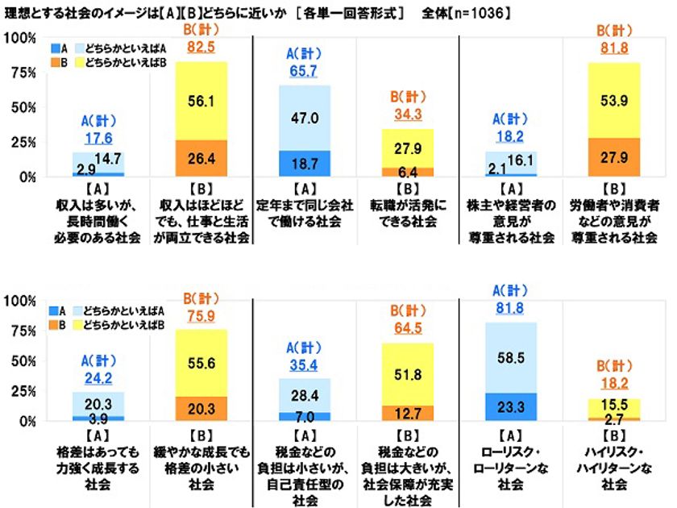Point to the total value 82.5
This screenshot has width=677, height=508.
(201, 48)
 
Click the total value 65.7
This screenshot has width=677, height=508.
(305, 72)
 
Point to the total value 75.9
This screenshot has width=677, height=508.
(201, 315)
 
